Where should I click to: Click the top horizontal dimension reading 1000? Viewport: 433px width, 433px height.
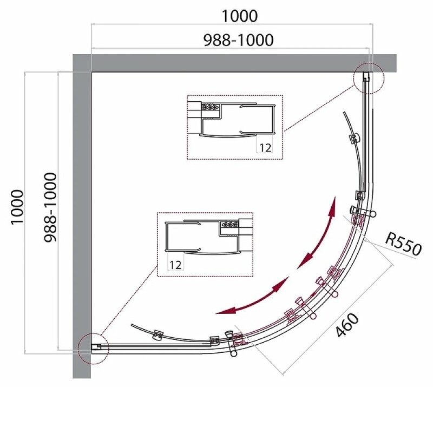(x=239, y=16)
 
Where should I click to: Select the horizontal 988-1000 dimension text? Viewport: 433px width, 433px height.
(x=238, y=40)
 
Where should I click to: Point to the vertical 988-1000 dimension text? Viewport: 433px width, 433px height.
(x=50, y=207)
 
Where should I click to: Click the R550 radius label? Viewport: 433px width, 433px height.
(x=403, y=244)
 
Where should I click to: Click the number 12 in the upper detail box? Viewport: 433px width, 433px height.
(x=265, y=148)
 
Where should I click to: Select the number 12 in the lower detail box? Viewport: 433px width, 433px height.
(x=175, y=265)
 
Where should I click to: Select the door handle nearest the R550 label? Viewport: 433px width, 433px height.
(x=363, y=212)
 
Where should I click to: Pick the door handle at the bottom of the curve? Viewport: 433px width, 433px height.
(x=232, y=344)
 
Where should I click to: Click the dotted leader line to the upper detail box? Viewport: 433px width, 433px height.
(x=319, y=108)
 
